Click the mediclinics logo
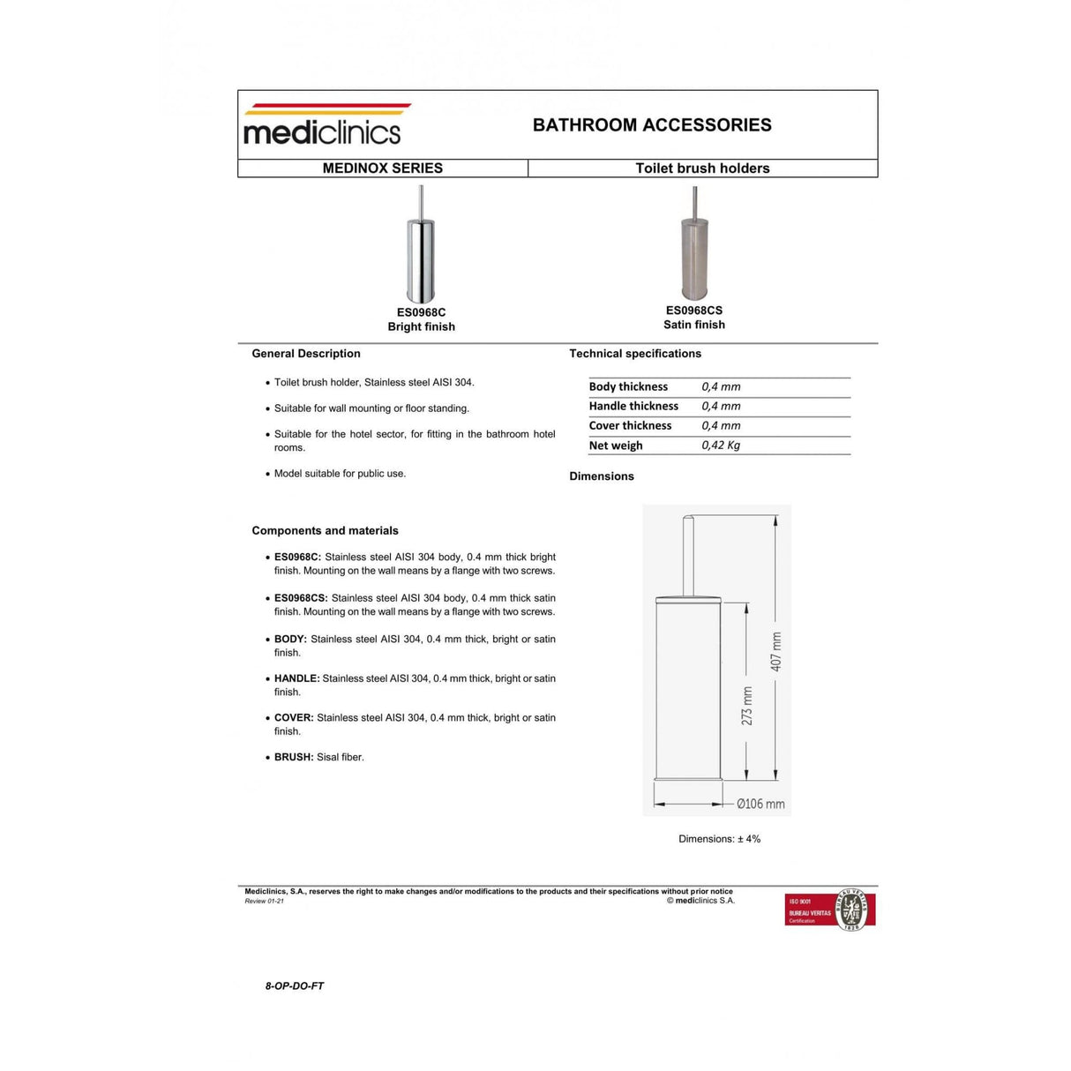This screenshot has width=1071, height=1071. point(323,124)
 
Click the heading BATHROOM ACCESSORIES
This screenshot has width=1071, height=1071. point(652,125)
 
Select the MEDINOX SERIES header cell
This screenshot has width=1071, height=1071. point(383,169)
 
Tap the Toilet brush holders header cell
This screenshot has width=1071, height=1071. point(702,169)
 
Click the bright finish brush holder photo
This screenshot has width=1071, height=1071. point(421,247)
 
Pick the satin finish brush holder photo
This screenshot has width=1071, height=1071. point(694,246)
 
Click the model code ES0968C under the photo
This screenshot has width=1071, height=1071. point(421,312)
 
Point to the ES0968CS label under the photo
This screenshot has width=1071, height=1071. point(694,311)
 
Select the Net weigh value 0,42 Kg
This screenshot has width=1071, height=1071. point(721,446)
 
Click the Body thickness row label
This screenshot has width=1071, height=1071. point(628,387)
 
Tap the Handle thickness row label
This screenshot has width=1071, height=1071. point(633,407)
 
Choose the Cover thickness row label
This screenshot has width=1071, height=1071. point(630,426)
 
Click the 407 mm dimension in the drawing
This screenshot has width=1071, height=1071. point(776,651)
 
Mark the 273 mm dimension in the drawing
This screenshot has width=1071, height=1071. point(747,706)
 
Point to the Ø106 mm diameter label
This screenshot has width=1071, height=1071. point(760,804)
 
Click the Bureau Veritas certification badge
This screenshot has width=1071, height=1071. point(829,910)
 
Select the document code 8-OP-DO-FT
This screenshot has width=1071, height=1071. point(295,986)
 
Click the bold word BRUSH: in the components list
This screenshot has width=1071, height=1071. point(294,757)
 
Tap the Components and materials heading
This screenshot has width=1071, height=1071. point(325,531)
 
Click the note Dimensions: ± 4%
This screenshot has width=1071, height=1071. point(719,839)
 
